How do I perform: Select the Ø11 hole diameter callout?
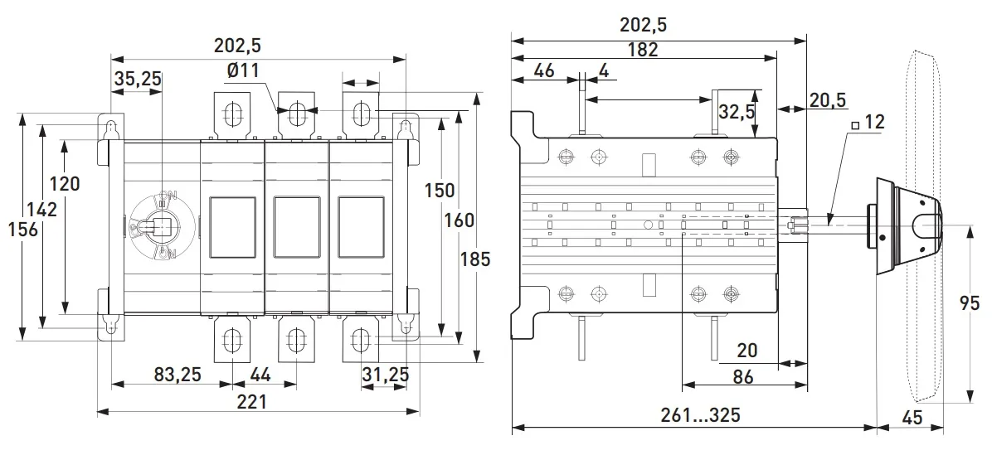242,71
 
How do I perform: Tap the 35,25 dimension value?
138,79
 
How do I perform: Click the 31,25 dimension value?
385,375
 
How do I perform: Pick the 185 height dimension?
474,259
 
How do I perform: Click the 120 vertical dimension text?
65,183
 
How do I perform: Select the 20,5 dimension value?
828,100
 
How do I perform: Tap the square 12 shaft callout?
867,123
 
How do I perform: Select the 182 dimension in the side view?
642,49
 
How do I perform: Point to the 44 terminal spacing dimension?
260,375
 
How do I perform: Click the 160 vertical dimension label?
459,220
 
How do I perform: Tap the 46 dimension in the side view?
544,70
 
